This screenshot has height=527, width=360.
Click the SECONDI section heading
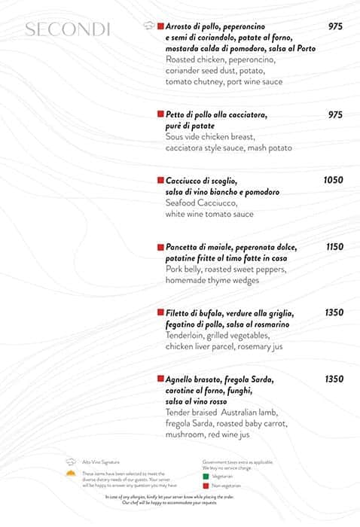[68, 30]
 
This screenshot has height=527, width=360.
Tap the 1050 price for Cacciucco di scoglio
[333, 181]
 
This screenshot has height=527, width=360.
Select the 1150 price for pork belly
[334, 247]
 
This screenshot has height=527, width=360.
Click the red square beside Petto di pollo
[160, 114]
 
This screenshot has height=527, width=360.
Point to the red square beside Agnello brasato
[160, 379]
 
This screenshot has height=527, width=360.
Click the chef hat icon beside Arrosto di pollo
[148, 26]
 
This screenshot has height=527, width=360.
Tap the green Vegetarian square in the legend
[206, 476]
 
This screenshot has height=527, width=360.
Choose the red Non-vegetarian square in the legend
[206, 486]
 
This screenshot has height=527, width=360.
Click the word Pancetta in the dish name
[182, 247]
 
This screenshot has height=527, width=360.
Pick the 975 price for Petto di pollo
[335, 114]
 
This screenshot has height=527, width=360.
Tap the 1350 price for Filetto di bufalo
[334, 312]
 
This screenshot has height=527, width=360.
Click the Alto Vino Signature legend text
[100, 462]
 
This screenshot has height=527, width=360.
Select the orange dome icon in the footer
[71, 474]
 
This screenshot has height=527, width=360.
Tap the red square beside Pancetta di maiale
[160, 247]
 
